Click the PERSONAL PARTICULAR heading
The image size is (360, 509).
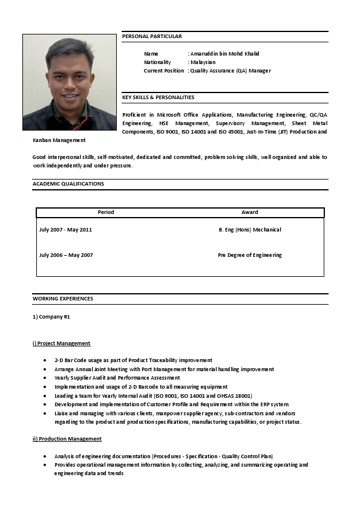152,37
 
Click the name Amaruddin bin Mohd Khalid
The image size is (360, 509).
224,54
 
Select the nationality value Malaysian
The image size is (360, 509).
203,62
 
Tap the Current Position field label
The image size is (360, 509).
163,71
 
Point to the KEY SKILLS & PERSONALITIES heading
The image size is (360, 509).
158,97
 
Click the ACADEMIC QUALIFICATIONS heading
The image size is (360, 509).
68,184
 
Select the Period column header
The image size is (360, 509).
106,212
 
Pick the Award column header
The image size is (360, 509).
249,212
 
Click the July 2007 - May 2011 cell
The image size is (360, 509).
65,230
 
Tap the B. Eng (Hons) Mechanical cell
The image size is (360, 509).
249,230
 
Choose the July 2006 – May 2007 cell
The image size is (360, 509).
66,255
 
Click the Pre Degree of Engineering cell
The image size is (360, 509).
249,255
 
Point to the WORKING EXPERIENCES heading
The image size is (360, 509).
63,299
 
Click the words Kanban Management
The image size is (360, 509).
59,140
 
